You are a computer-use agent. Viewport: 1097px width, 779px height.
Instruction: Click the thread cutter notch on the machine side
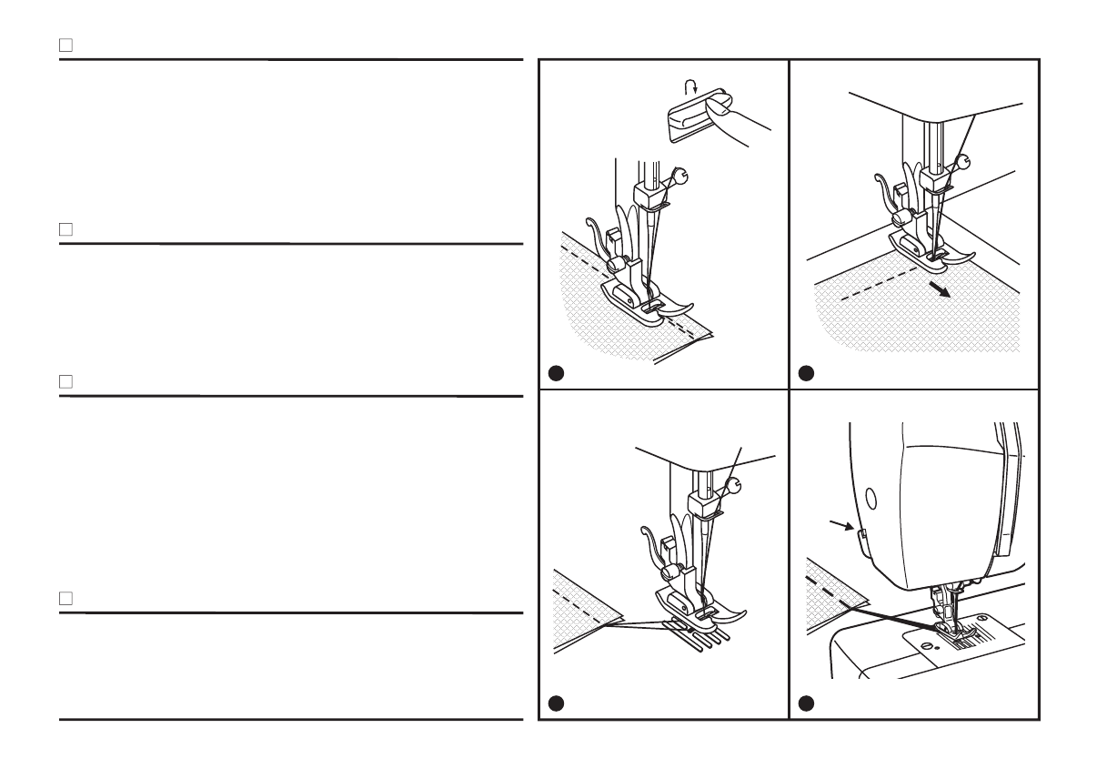tap(858, 533)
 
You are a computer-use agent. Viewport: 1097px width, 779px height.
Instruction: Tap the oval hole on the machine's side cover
tap(871, 497)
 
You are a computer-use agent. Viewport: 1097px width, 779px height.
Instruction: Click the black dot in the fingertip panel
tap(557, 372)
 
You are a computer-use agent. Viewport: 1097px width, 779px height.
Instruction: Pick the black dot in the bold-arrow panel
tap(806, 372)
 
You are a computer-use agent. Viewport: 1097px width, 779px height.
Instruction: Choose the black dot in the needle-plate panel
tap(806, 703)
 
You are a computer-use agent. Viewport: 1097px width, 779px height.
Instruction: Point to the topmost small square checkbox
tap(65, 44)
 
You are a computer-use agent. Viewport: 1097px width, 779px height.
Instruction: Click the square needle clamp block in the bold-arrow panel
tap(931, 178)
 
